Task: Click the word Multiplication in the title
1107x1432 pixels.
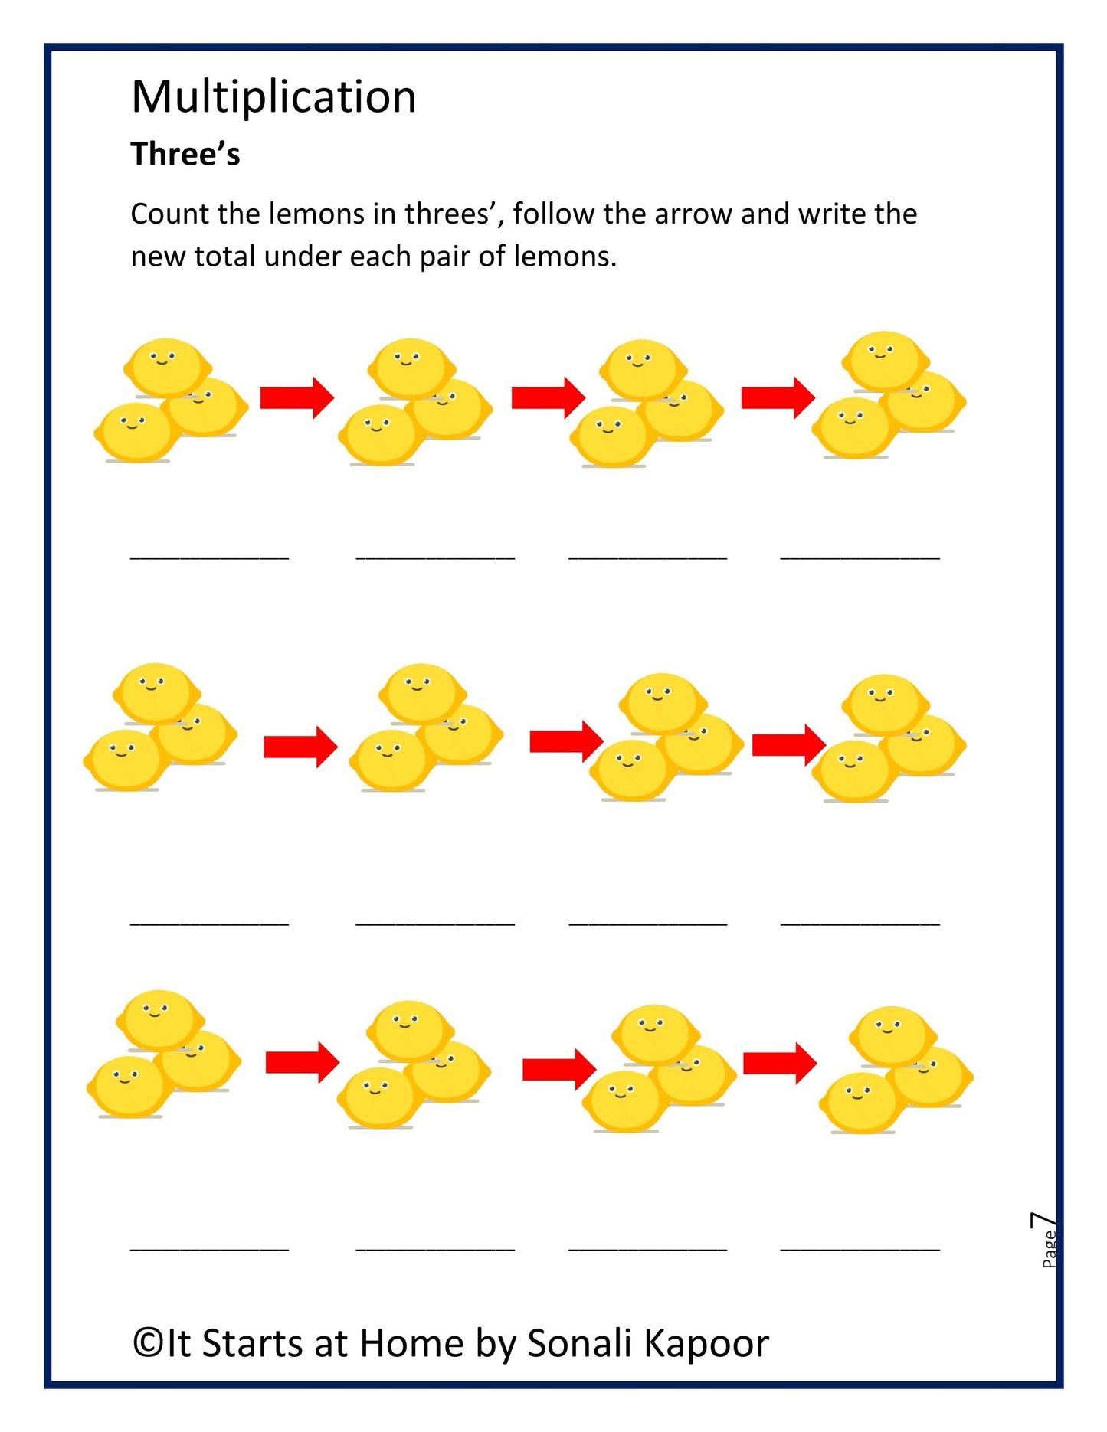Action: point(273,97)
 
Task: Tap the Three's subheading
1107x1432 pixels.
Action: point(185,154)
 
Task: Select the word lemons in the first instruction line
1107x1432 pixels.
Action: point(316,214)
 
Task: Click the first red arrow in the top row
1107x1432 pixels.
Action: point(296,397)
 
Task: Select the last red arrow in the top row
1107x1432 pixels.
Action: point(778,397)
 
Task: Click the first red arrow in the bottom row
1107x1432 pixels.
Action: point(302,1062)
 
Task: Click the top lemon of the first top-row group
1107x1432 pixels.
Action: point(166,366)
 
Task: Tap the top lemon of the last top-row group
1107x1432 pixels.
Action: point(885,360)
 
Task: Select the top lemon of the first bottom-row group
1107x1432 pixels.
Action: point(159,1019)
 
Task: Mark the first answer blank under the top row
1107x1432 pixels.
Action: point(209,557)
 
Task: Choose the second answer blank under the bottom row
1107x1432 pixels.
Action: point(435,1249)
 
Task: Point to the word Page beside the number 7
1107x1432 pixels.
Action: point(1050,1250)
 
